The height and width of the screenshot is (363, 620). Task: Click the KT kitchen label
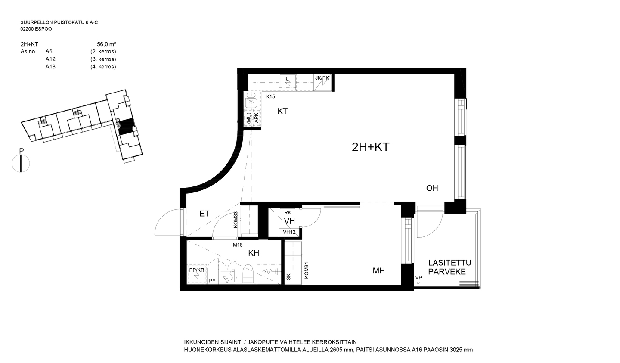(x=282, y=111)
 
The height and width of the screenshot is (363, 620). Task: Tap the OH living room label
(x=432, y=188)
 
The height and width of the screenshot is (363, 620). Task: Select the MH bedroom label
(x=378, y=271)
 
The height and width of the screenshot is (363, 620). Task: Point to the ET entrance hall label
(x=204, y=214)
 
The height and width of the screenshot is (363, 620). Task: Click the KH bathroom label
(x=254, y=253)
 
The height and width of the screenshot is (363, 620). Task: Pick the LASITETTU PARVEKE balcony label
(x=449, y=267)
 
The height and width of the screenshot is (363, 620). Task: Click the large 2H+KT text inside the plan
(x=371, y=147)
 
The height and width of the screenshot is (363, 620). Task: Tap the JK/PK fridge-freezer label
(x=322, y=78)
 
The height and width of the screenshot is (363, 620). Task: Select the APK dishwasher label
(x=256, y=118)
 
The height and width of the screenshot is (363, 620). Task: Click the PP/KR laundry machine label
(x=197, y=270)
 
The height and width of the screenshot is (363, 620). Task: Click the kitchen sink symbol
(x=251, y=100)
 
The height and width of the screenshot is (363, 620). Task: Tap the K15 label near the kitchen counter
(x=270, y=96)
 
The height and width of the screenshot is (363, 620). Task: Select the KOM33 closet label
(x=236, y=220)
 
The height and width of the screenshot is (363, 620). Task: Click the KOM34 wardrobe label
(x=307, y=270)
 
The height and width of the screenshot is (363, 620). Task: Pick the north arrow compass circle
(x=21, y=163)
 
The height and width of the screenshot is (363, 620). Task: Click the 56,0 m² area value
(x=106, y=44)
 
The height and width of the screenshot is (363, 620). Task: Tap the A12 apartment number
(x=50, y=59)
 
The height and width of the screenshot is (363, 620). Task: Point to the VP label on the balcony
(x=418, y=278)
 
